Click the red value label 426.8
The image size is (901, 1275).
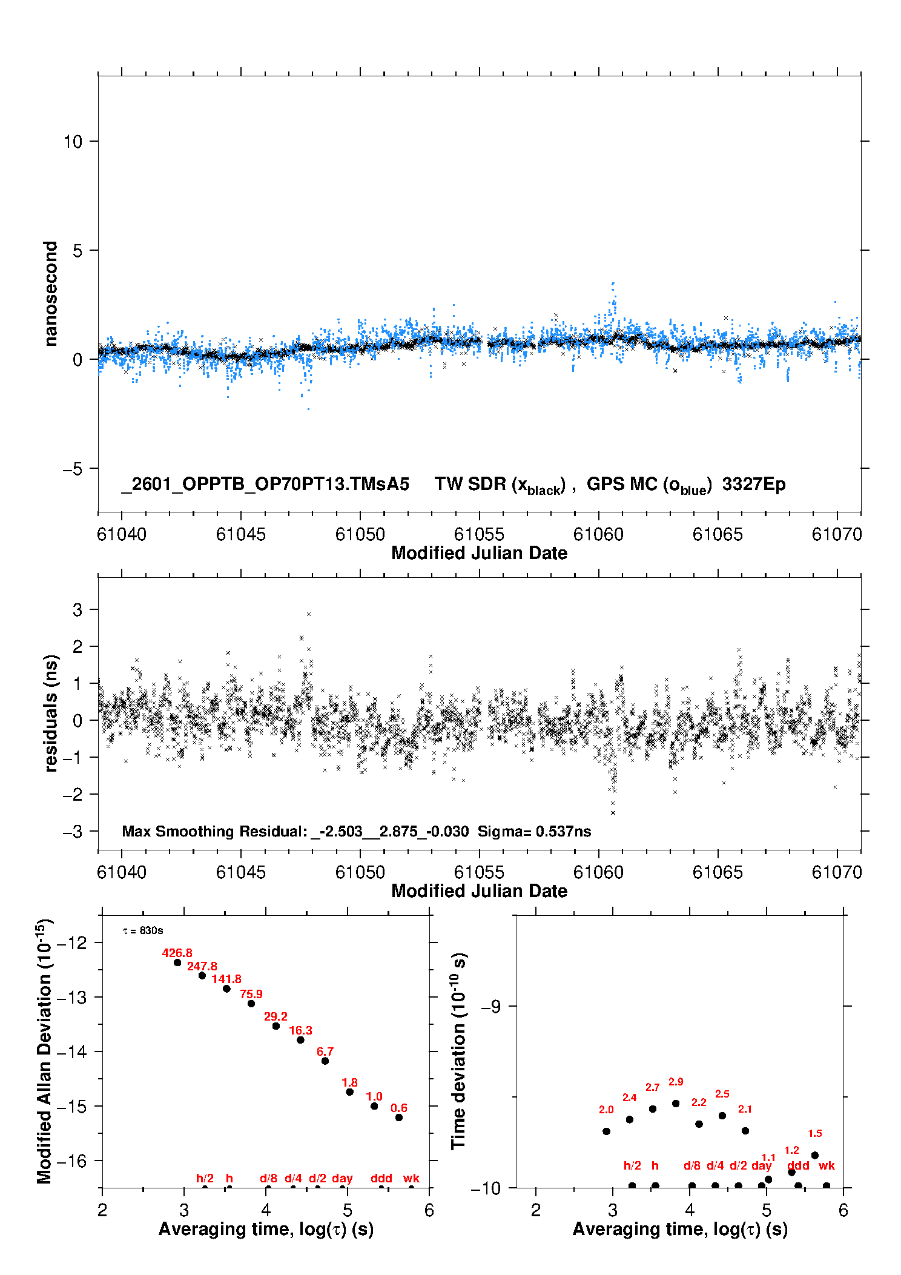click(177, 953)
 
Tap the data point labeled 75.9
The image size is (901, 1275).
click(251, 1004)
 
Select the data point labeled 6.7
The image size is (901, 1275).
click(325, 1061)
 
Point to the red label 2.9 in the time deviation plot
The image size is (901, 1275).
click(676, 1082)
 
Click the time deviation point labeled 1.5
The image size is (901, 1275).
click(815, 1155)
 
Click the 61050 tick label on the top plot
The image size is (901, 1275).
click(360, 534)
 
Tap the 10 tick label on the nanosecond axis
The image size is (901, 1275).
click(73, 142)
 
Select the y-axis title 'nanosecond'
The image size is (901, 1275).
click(50, 294)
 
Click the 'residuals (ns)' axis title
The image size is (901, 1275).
click(51, 713)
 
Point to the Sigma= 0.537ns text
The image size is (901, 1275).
click(534, 831)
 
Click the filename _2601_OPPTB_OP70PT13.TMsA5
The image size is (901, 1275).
click(265, 484)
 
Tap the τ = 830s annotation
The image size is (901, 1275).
click(143, 930)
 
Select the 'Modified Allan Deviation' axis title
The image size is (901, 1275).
click(44, 1051)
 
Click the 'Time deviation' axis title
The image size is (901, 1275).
click(459, 1051)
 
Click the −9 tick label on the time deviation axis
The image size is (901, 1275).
click(490, 1006)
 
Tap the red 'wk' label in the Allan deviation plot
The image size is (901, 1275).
click(411, 1178)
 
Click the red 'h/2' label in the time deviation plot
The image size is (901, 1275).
click(632, 1165)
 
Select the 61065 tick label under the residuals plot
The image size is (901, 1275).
click(718, 872)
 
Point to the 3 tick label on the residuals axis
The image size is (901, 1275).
click(78, 610)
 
